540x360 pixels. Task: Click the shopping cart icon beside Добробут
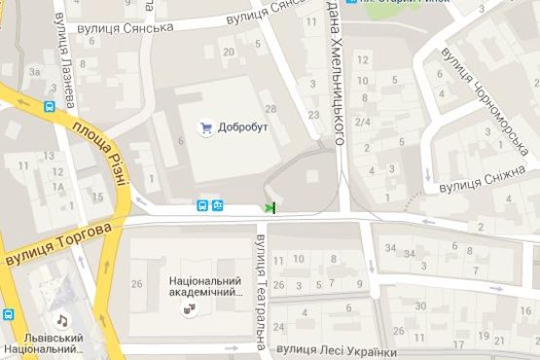[x=205, y=126]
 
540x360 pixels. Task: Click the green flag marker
[x=270, y=206]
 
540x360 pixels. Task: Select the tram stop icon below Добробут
[x=220, y=205]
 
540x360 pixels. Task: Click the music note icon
[x=61, y=320]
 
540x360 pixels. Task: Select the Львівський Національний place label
[x=44, y=344]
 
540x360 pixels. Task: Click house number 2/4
[x=363, y=121]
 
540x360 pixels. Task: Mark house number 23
[x=313, y=115]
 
